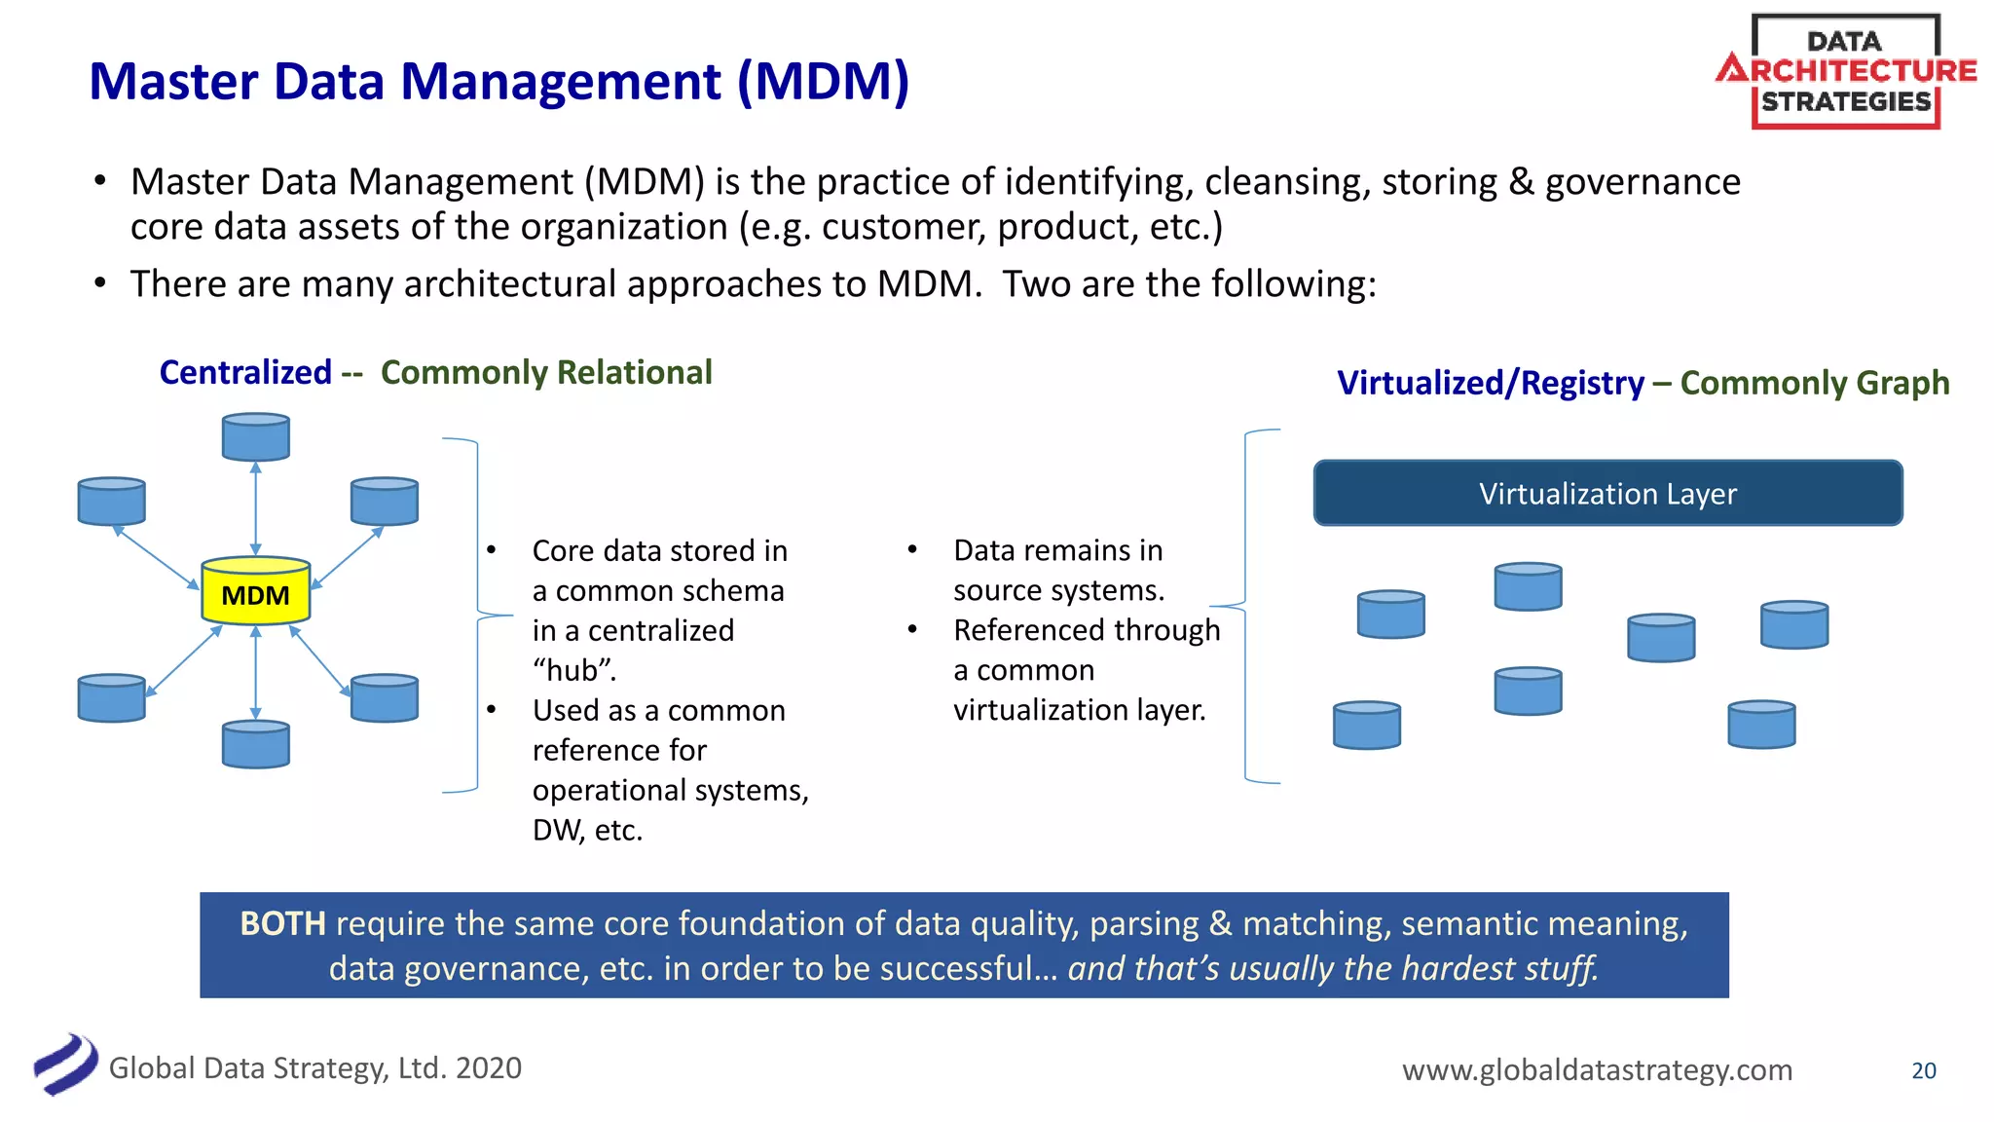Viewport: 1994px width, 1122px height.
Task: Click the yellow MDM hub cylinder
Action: click(x=255, y=592)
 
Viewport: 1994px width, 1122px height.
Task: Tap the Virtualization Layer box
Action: click(x=1607, y=494)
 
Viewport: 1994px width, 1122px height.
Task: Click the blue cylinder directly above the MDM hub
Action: click(x=255, y=437)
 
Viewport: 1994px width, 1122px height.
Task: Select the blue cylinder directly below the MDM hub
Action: click(x=255, y=745)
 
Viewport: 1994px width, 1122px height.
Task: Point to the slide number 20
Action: click(x=1923, y=1070)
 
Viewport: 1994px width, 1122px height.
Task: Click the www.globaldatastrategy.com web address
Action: click(x=1597, y=1069)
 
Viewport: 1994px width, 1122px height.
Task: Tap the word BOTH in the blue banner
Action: click(x=282, y=923)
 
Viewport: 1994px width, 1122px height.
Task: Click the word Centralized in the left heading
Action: click(x=245, y=373)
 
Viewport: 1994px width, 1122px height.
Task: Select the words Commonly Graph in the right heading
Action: click(x=1815, y=383)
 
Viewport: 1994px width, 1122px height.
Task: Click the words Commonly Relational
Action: click(x=546, y=373)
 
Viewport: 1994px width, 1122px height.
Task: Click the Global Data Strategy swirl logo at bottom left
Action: click(x=65, y=1065)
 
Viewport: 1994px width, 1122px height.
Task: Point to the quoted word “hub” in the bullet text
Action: click(x=574, y=671)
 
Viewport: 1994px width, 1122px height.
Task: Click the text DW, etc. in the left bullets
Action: click(x=587, y=831)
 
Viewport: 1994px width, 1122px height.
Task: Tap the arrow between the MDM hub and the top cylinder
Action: click(x=255, y=508)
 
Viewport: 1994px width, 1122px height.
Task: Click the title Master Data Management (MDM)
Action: click(x=498, y=81)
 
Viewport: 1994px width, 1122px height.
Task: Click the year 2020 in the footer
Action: click(x=488, y=1068)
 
